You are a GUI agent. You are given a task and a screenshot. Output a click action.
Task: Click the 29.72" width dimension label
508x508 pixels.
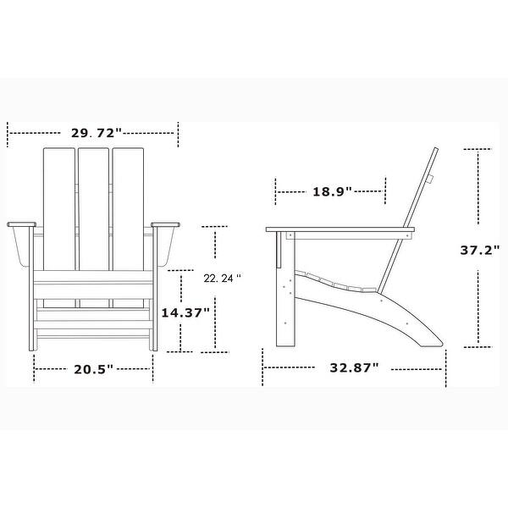coord(93,133)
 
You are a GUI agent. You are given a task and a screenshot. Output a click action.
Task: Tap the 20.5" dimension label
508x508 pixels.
coord(93,368)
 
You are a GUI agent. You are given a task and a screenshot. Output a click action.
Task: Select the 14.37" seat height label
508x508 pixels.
coord(185,312)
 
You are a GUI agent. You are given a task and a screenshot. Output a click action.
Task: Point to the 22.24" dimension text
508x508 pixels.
coord(223,278)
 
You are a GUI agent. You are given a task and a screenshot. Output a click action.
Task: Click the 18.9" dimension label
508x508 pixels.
coord(332,191)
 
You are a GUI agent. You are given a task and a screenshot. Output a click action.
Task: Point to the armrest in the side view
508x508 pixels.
coord(339,231)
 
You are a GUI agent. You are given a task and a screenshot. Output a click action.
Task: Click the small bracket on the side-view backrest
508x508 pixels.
coord(430,179)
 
